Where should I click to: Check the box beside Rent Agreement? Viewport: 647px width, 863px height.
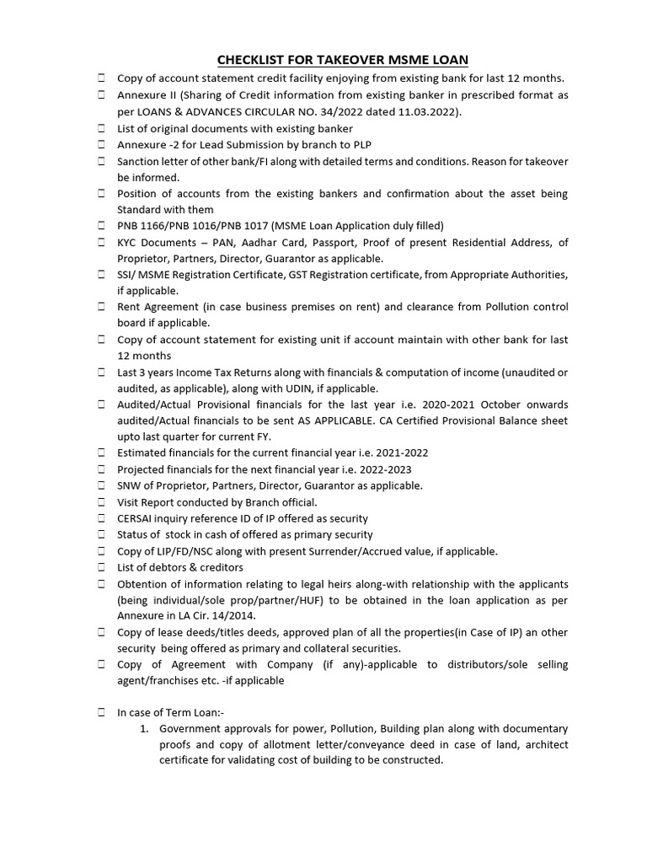click(x=100, y=307)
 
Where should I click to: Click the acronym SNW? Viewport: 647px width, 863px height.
click(x=131, y=485)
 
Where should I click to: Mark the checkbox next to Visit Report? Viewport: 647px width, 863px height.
click(x=100, y=502)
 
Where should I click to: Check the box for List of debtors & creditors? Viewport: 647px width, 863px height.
click(x=100, y=567)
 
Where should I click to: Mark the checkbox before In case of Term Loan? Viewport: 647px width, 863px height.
click(x=100, y=713)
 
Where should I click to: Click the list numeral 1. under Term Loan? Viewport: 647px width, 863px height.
click(x=145, y=728)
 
